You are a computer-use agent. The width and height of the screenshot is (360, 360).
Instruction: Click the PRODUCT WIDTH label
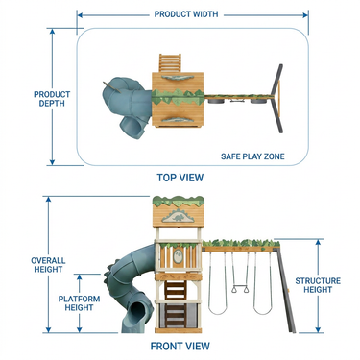point(186,14)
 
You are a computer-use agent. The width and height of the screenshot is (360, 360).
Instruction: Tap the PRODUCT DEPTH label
point(52,99)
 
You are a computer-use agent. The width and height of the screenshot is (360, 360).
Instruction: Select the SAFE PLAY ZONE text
point(252,156)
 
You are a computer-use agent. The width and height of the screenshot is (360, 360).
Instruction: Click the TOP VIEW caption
point(180,178)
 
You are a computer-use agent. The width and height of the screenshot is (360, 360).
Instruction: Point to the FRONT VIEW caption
point(180,346)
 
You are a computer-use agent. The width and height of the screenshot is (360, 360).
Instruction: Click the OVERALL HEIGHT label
point(48,265)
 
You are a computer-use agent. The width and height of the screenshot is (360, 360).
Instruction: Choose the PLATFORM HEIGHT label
point(79,303)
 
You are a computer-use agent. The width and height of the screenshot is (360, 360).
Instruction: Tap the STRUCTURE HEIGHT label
point(318,285)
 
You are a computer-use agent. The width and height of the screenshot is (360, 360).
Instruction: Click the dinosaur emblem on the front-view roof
point(178,216)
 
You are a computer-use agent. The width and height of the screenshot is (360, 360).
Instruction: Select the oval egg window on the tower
point(178,257)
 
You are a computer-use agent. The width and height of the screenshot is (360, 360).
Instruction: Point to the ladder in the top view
point(170,63)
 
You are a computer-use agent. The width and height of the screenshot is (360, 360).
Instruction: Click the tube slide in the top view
point(128,107)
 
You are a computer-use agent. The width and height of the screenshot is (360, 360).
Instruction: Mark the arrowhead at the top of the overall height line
point(48,200)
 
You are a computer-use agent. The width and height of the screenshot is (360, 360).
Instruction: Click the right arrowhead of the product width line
point(305,15)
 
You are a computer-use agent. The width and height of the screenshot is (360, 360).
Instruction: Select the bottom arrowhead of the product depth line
point(52,162)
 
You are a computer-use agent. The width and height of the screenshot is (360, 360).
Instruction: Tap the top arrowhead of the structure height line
point(318,243)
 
